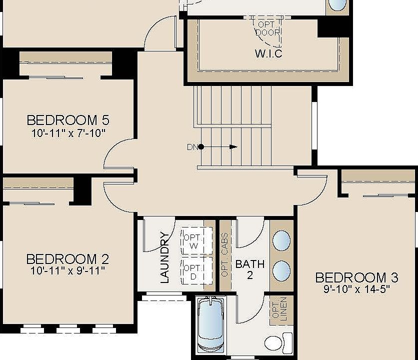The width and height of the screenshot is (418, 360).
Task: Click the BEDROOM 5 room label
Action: point(68,120)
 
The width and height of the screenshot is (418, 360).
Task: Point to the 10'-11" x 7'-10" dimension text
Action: point(68,132)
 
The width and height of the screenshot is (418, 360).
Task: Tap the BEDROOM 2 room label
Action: point(67,259)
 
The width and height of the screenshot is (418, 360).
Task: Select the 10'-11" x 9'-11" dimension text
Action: point(67,271)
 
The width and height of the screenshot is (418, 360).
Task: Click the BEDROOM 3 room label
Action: point(356,277)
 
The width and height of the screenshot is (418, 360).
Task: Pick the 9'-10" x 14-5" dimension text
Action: point(356,289)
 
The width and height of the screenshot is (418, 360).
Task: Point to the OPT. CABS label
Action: point(225,255)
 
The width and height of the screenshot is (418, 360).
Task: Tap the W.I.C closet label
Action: point(268,53)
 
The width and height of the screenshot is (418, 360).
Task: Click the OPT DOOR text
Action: point(268,28)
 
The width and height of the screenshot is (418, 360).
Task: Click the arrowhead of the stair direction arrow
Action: point(233,147)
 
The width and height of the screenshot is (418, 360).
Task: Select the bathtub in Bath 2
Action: point(210,325)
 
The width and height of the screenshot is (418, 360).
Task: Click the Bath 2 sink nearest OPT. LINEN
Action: point(281,270)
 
